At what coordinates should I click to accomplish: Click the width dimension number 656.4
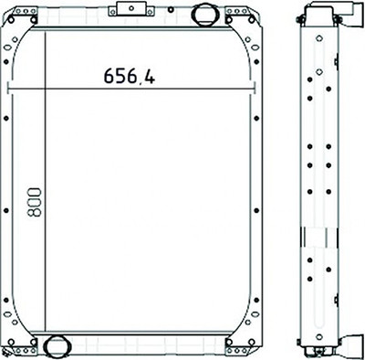pos(130,76)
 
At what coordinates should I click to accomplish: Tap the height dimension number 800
pos(34,202)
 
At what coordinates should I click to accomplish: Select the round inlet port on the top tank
pos(205,14)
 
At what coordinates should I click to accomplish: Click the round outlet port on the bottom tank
pos(57,345)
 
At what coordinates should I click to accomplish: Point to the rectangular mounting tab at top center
pos(131,8)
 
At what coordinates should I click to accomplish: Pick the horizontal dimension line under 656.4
pos(130,90)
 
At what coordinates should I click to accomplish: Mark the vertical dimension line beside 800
pos(46,182)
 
